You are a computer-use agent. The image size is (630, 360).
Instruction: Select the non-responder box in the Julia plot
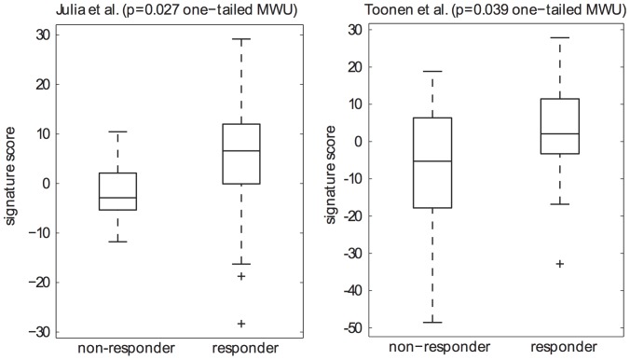click(117, 191)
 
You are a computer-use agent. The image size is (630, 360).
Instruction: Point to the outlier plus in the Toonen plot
click(560, 264)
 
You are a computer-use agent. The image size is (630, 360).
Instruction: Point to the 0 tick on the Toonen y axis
click(360, 142)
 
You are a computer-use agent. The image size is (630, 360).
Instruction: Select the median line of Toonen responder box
click(560, 134)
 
